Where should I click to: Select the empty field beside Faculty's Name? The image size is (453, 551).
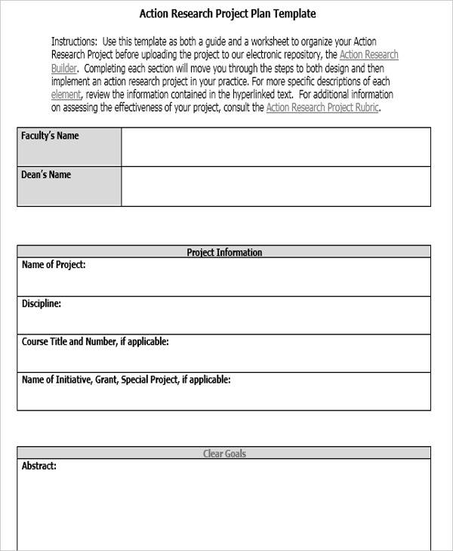tap(276, 146)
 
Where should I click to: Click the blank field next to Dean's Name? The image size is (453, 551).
tap(276, 186)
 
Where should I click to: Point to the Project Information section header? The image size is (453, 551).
tap(224, 253)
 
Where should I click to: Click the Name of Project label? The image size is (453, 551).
tap(54, 265)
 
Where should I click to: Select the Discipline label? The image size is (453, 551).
tap(42, 303)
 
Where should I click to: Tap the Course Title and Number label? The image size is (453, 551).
tap(95, 342)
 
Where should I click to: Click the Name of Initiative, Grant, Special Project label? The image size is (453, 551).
tap(126, 380)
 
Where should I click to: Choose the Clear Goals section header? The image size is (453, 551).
tap(224, 454)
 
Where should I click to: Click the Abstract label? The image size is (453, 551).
tap(39, 466)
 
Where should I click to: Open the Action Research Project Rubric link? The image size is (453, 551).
tap(323, 108)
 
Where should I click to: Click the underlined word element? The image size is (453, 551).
tap(66, 95)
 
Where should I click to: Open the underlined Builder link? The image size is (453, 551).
tap(63, 68)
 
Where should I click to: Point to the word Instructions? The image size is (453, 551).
tap(74, 41)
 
